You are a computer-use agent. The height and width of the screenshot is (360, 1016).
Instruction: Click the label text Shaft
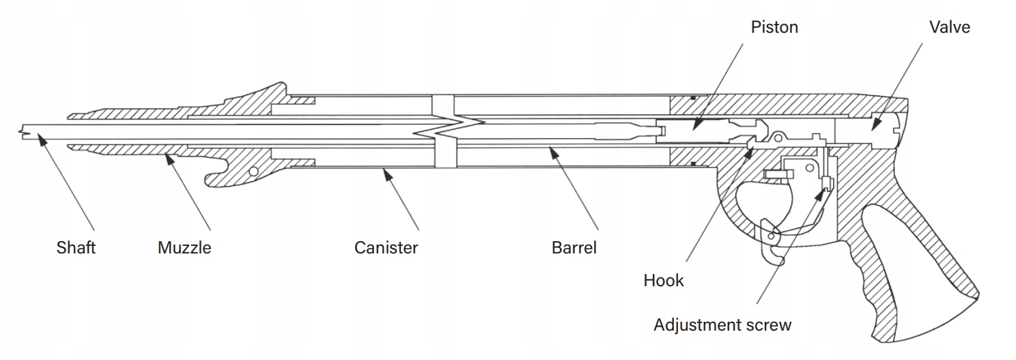(x=76, y=247)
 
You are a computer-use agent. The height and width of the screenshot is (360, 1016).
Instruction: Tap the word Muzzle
(x=184, y=247)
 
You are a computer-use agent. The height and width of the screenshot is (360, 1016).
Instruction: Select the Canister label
(x=386, y=247)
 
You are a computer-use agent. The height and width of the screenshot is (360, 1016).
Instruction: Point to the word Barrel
(x=574, y=247)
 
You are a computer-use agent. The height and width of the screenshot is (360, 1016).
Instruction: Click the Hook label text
(x=663, y=280)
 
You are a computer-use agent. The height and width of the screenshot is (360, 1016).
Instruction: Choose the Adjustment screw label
(x=722, y=324)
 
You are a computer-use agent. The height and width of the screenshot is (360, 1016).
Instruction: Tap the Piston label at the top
(x=774, y=27)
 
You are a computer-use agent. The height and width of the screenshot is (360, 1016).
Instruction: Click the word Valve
(x=949, y=27)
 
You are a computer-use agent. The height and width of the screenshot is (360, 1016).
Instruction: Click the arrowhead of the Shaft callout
(x=40, y=139)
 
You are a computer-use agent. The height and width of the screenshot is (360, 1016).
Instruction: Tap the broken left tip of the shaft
(x=24, y=133)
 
